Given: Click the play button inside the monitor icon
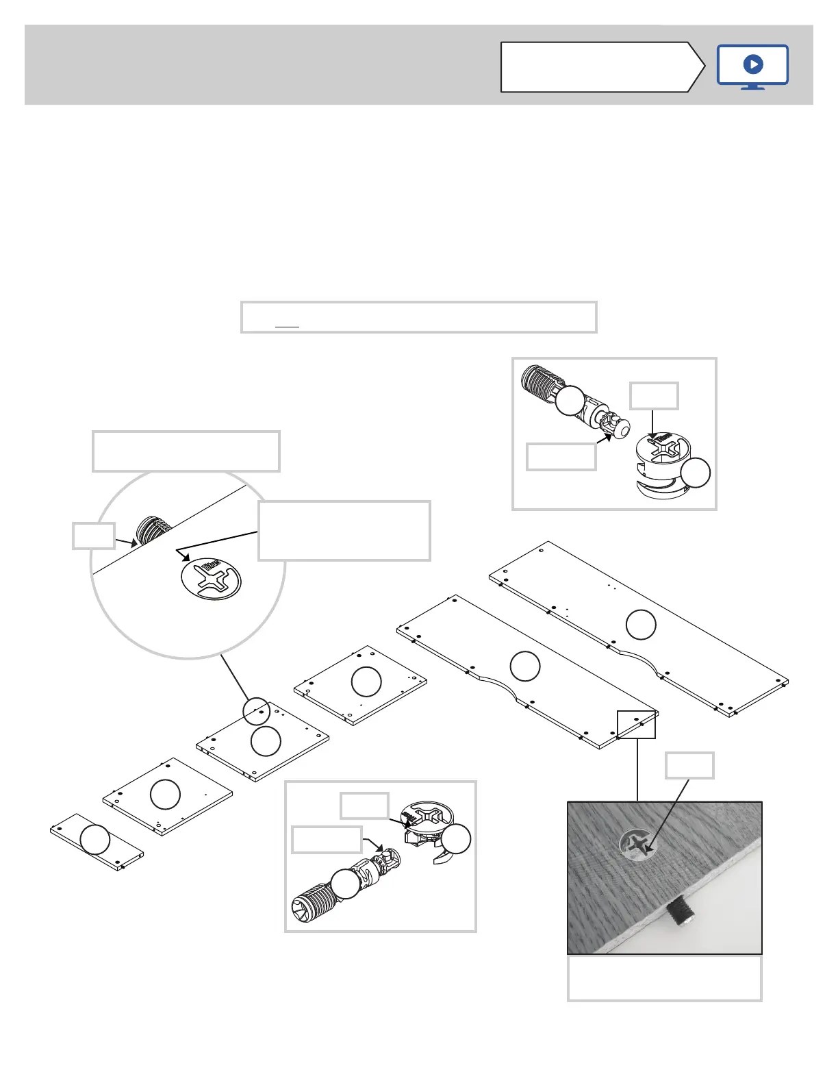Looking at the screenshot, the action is pyautogui.click(x=752, y=64).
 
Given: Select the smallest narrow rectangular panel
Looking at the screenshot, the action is pyautogui.click(x=97, y=842).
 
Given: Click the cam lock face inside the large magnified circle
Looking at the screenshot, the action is pyautogui.click(x=212, y=579).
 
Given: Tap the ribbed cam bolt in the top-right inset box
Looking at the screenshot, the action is pyautogui.click(x=548, y=392).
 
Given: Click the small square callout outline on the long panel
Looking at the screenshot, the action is pyautogui.click(x=637, y=724).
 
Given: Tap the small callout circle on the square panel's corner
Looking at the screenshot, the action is pyautogui.click(x=257, y=711).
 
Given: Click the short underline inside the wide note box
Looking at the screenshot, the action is pyautogui.click(x=287, y=326).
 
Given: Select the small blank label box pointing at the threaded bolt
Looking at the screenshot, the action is pyautogui.click(x=93, y=536).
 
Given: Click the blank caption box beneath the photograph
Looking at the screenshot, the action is pyautogui.click(x=664, y=978).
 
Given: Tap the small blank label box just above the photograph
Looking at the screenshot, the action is pyautogui.click(x=690, y=765).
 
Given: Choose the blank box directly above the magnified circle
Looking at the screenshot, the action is pyautogui.click(x=186, y=451).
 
